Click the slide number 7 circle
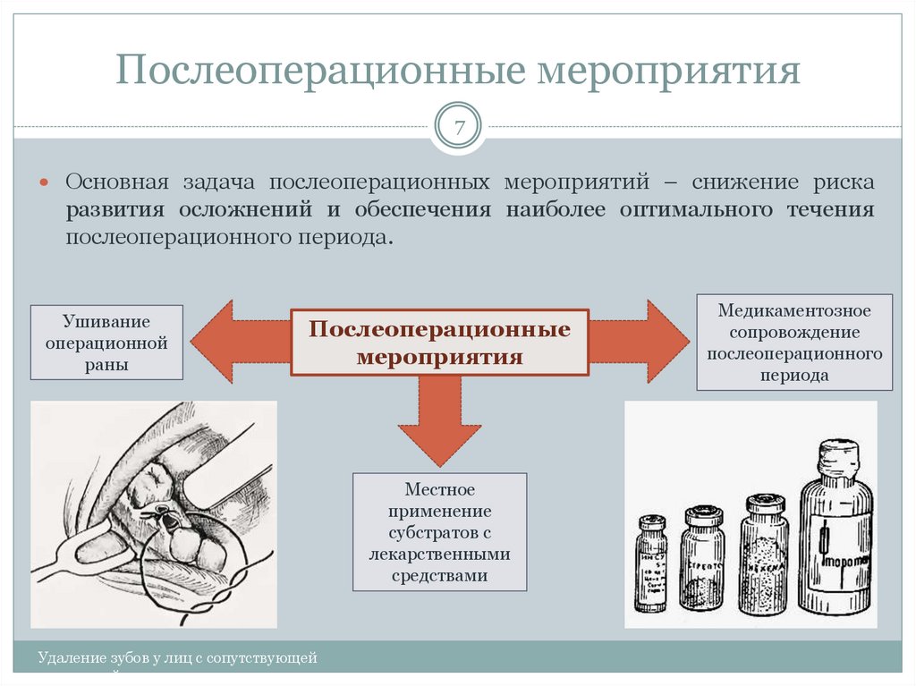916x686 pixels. [459, 128]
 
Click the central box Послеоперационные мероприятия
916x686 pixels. [439, 343]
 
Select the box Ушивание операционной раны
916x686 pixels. [106, 343]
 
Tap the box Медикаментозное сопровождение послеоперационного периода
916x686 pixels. [794, 343]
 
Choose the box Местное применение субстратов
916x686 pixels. [439, 532]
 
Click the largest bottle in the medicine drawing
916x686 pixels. [835, 537]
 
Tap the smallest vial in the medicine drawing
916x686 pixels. [651, 563]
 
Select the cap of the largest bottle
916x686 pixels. [838, 456]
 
